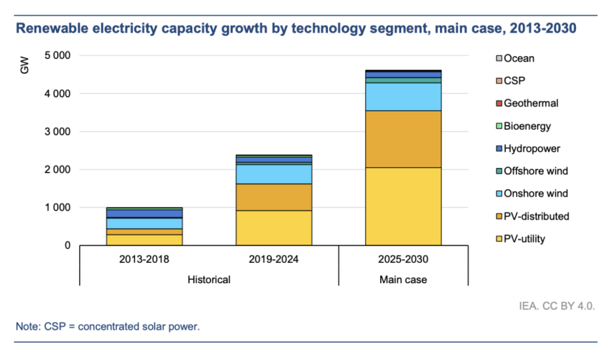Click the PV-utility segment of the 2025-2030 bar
tap(404, 206)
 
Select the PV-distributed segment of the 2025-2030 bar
tap(404, 139)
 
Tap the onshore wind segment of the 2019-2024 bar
tap(273, 174)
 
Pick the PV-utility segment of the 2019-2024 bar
tap(273, 227)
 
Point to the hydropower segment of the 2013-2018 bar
tap(144, 214)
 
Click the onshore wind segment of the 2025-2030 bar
tap(404, 97)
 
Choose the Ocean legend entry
tap(519, 58)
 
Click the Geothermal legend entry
tap(531, 103)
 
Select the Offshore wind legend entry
tap(535, 171)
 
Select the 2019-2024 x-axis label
tap(273, 260)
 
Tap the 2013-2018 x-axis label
tap(144, 260)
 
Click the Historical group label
tap(209, 280)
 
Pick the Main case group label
tap(404, 280)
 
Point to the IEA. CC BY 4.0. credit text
tap(557, 306)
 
